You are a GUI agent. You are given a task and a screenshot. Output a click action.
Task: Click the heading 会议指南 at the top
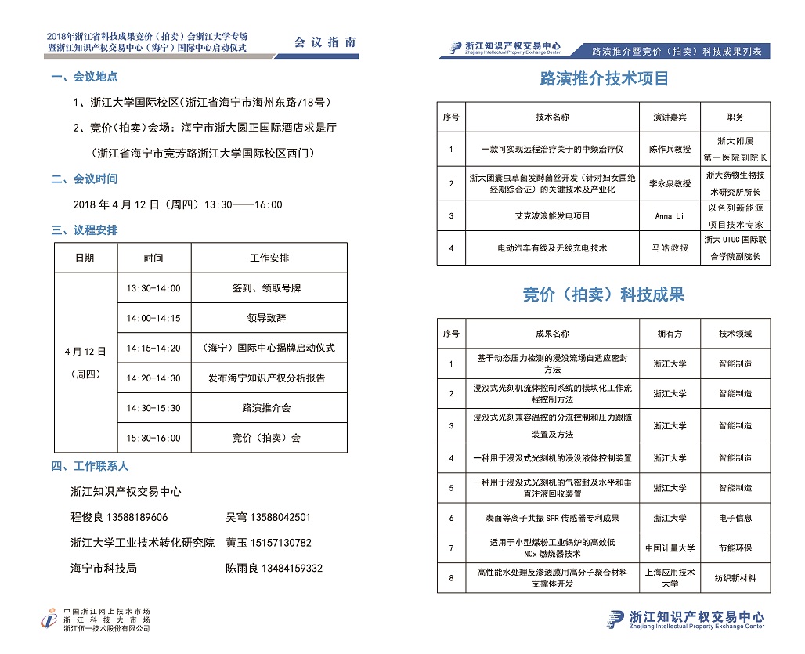(324, 42)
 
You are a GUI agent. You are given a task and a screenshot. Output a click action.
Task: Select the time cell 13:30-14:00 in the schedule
(153, 288)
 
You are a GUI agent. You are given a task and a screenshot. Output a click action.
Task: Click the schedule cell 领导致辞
(266, 318)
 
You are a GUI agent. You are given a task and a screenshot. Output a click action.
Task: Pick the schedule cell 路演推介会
(266, 408)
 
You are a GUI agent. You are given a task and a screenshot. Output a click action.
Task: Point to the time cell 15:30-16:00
(153, 438)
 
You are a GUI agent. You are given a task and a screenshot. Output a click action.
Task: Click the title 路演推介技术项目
(605, 79)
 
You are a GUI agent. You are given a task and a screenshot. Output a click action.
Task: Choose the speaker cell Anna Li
(670, 215)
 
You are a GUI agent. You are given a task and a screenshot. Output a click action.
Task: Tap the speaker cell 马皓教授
(670, 248)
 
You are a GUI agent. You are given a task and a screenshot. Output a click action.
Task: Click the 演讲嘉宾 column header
(670, 117)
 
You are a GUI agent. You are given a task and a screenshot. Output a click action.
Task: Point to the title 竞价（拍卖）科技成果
(603, 295)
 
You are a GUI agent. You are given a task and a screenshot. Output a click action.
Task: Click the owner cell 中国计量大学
(670, 547)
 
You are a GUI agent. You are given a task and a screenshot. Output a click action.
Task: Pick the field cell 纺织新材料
(735, 578)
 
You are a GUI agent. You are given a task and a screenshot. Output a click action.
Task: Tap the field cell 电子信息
(735, 518)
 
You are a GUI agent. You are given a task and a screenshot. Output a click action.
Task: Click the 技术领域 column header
(735, 334)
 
